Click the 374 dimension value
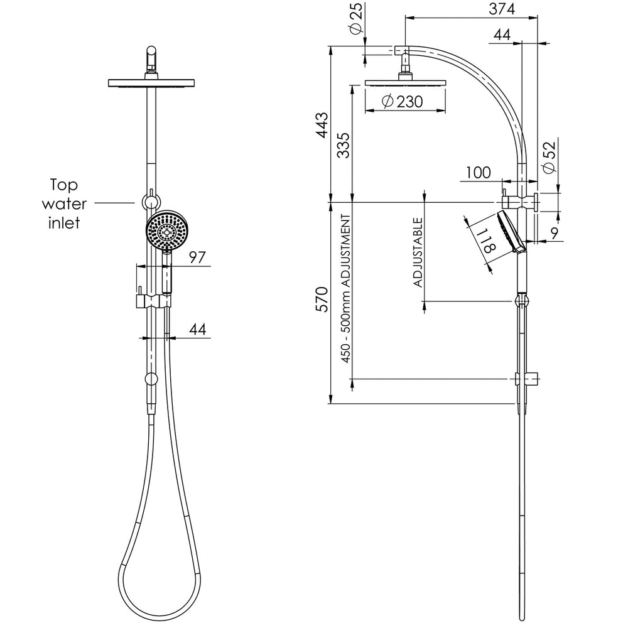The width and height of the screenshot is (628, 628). pyautogui.click(x=502, y=9)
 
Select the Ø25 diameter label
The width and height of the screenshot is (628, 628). pyautogui.click(x=356, y=18)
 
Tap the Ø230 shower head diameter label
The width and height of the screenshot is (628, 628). pyautogui.click(x=403, y=101)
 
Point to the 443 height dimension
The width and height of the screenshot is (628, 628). pyautogui.click(x=323, y=126)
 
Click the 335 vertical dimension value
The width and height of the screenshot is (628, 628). pyautogui.click(x=344, y=146)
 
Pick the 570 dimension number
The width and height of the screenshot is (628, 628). pyautogui.click(x=323, y=299)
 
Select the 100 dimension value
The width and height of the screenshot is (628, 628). pyautogui.click(x=478, y=173)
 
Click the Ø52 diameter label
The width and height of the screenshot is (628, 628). pyautogui.click(x=551, y=157)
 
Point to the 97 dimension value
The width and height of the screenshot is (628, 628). pyautogui.click(x=197, y=257)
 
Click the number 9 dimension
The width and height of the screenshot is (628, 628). pyautogui.click(x=555, y=233)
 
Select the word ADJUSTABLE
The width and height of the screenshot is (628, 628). pyautogui.click(x=418, y=252)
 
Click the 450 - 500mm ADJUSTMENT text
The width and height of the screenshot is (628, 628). pyautogui.click(x=346, y=289)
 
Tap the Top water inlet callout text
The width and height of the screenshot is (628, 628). pyautogui.click(x=64, y=204)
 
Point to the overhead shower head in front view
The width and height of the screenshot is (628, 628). pyautogui.click(x=151, y=83)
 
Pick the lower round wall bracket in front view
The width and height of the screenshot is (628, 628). pyautogui.click(x=151, y=379)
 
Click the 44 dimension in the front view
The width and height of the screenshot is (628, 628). pyautogui.click(x=197, y=330)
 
